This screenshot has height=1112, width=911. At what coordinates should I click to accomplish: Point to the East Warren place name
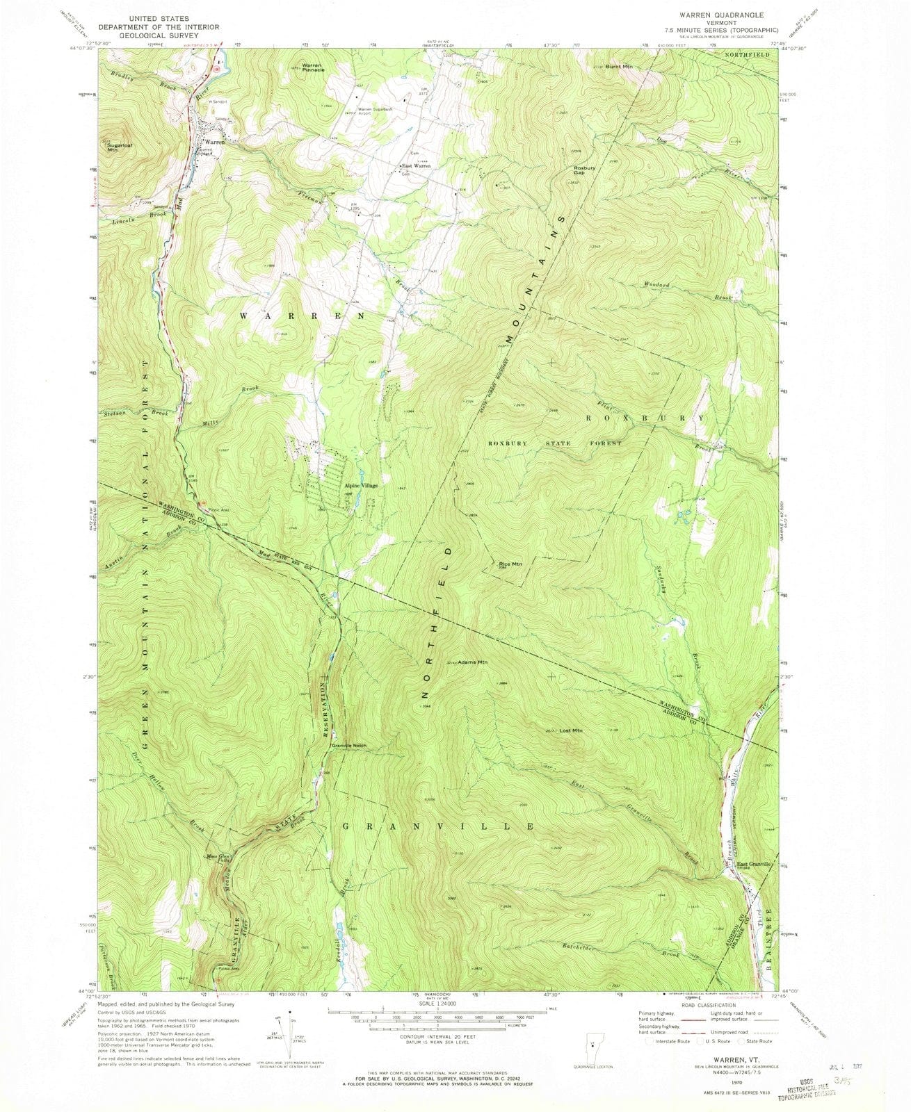(417, 166)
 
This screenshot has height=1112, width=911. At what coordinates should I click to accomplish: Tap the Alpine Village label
(362, 485)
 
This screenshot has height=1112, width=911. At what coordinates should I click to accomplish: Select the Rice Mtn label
(510, 564)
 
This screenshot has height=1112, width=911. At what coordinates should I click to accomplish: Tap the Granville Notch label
(354, 746)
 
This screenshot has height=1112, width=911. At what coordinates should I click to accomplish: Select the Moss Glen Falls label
(218, 858)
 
